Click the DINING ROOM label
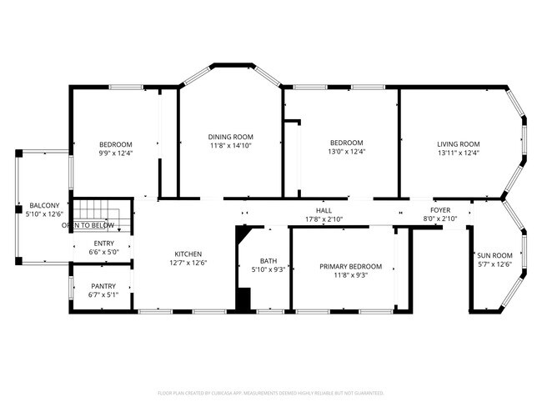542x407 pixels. (x=231, y=137)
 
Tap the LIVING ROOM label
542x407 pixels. (x=459, y=143)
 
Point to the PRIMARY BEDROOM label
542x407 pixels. (x=351, y=267)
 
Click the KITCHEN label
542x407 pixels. (x=188, y=254)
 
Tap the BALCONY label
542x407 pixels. (x=44, y=205)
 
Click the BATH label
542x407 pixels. (x=268, y=261)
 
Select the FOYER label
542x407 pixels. (x=440, y=210)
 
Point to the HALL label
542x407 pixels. (x=324, y=210)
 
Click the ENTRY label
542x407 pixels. (x=104, y=244)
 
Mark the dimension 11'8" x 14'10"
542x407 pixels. (x=231, y=146)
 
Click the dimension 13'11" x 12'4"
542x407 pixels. (x=459, y=153)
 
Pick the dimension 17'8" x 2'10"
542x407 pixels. (x=324, y=219)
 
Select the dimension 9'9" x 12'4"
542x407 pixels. (x=116, y=153)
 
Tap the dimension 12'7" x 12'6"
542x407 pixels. (x=188, y=264)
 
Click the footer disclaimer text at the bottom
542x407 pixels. (x=271, y=392)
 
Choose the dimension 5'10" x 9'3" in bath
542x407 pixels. (x=268, y=270)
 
